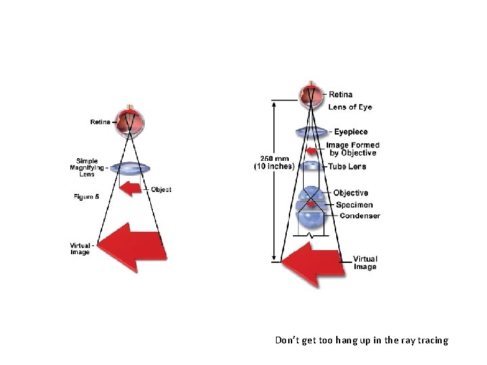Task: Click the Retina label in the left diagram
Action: pos(100,122)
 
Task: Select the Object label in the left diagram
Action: pos(161,190)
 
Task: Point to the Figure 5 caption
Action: pos(86,197)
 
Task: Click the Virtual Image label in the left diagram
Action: pos(80,249)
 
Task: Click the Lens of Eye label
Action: pos(350,107)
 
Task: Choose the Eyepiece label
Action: pos(350,132)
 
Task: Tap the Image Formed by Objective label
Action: pos(352,149)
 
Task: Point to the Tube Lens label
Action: pos(347,166)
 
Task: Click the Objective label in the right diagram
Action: pos(350,193)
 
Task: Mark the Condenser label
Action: pos(359,216)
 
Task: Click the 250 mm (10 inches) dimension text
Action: pos(273,162)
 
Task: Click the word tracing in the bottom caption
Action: pos(432,340)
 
